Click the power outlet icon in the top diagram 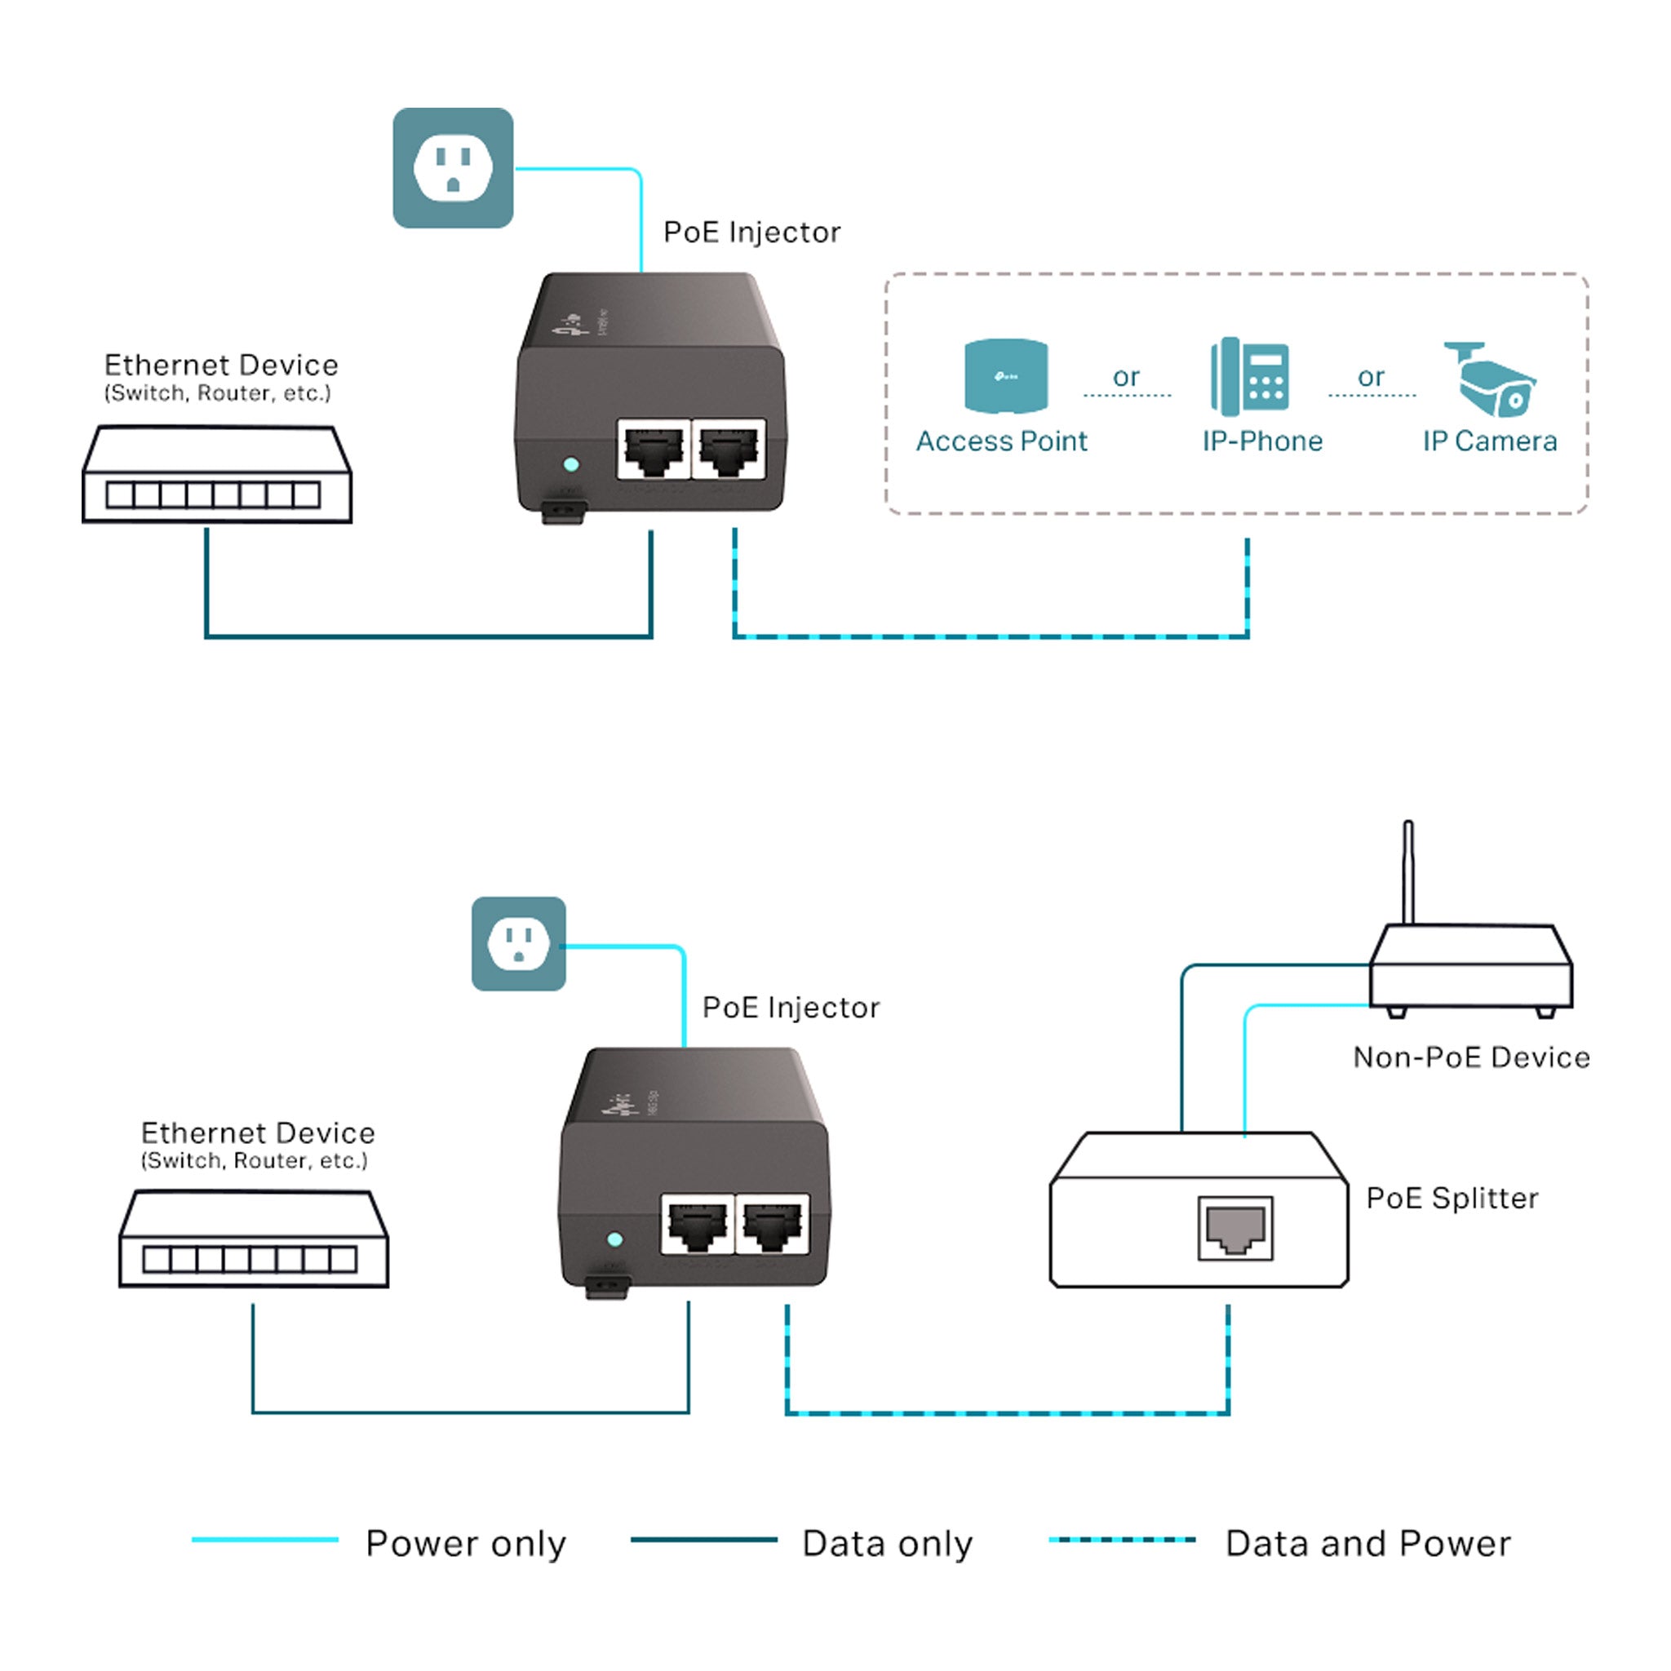click(452, 168)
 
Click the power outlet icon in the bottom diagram click(518, 944)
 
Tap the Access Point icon click(1006, 375)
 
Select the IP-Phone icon click(1250, 377)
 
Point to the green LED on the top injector click(571, 464)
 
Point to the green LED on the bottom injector click(615, 1239)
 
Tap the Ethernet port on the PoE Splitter click(1235, 1228)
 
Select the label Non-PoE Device click(1471, 1057)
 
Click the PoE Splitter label click(1452, 1198)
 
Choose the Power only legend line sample click(264, 1540)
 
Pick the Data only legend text click(888, 1544)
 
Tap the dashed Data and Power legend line click(1122, 1540)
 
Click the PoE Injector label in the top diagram click(751, 232)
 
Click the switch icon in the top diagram click(217, 475)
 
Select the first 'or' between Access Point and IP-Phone click(1126, 377)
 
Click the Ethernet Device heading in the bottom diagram click(258, 1133)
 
